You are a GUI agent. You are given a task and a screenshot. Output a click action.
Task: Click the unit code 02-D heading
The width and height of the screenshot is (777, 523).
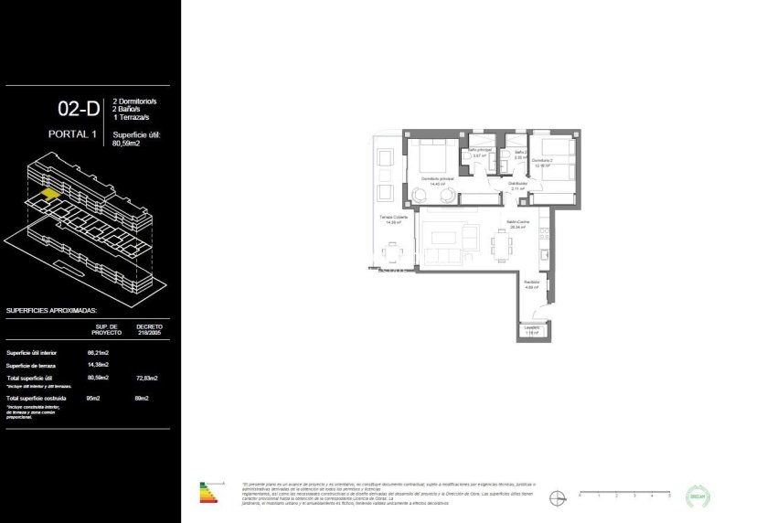click(x=78, y=110)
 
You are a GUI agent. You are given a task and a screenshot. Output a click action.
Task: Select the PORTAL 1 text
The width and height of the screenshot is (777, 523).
click(x=72, y=134)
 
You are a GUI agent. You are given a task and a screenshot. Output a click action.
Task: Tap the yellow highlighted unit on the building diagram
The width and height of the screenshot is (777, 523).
click(x=49, y=194)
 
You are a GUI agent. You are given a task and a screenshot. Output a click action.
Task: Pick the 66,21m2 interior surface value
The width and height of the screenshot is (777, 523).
click(x=98, y=352)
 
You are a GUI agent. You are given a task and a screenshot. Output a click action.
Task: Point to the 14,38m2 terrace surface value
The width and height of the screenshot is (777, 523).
click(x=98, y=365)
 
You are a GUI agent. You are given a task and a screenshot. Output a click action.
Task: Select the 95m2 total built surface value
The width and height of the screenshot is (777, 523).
click(x=94, y=399)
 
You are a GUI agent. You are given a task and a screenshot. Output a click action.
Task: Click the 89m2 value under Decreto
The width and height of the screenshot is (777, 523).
click(x=142, y=399)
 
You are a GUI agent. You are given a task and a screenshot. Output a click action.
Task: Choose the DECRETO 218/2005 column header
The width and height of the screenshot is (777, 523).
click(x=149, y=328)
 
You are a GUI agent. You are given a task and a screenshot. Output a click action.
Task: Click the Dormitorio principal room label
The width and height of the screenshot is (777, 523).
click(x=438, y=178)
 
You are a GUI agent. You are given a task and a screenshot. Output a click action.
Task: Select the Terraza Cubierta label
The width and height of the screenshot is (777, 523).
click(x=394, y=218)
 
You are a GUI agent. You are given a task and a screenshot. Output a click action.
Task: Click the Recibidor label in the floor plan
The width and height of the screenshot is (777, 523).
click(x=532, y=283)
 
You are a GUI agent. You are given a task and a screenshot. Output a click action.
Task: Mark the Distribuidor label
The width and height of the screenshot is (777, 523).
click(x=518, y=184)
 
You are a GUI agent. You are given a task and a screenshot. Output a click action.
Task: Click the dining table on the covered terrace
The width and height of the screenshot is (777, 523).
click(x=392, y=251)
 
